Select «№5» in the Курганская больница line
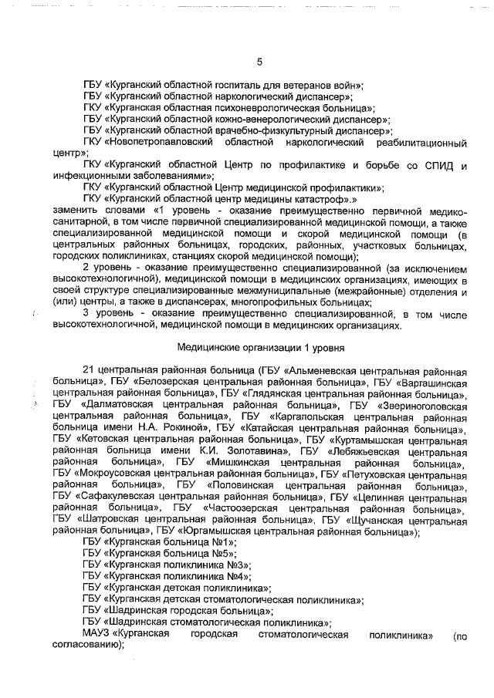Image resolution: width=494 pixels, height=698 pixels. pos(224,555)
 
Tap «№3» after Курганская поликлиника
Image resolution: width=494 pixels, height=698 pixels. pos(237,567)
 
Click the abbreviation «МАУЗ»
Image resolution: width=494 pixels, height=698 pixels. pos(96,635)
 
